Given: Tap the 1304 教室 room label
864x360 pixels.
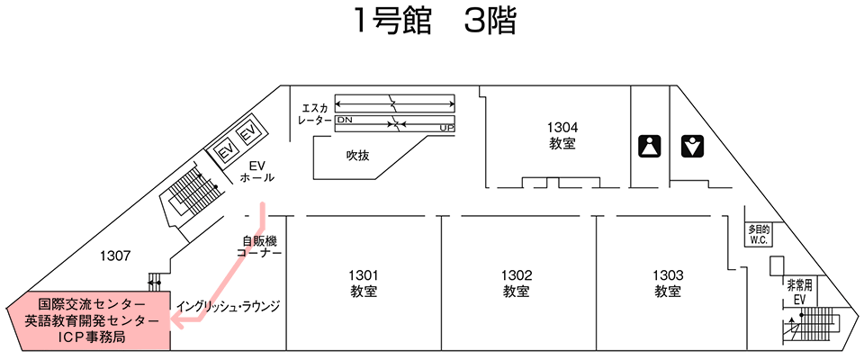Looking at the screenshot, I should pos(562,135).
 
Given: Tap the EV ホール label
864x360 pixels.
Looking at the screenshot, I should pos(257,171).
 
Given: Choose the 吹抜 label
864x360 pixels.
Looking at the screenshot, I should pos(358,155).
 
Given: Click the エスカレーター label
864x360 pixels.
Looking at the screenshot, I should pos(315,113).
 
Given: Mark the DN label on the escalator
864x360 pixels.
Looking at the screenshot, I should pos(345,119).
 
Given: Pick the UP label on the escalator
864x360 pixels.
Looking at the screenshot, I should pos(445,128).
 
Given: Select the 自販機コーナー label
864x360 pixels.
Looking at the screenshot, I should pos(260,247).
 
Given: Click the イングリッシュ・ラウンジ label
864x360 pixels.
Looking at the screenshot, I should pos(229,306).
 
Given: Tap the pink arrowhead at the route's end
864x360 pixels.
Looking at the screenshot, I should pos(179,321).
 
